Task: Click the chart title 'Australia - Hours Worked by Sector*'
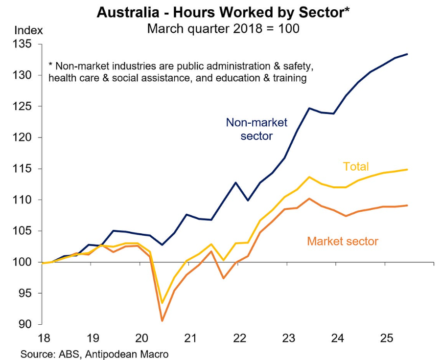(x=223, y=12)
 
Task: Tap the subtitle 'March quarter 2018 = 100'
(x=223, y=28)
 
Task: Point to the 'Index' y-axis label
(x=28, y=30)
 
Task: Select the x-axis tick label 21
(x=189, y=337)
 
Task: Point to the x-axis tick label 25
(x=386, y=337)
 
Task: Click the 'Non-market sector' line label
(x=256, y=129)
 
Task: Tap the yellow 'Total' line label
(x=356, y=167)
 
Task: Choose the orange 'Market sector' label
(x=343, y=241)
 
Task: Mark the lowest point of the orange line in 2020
(x=162, y=321)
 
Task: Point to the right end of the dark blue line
(x=408, y=54)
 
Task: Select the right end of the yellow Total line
(x=408, y=170)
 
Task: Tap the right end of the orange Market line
(x=408, y=205)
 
